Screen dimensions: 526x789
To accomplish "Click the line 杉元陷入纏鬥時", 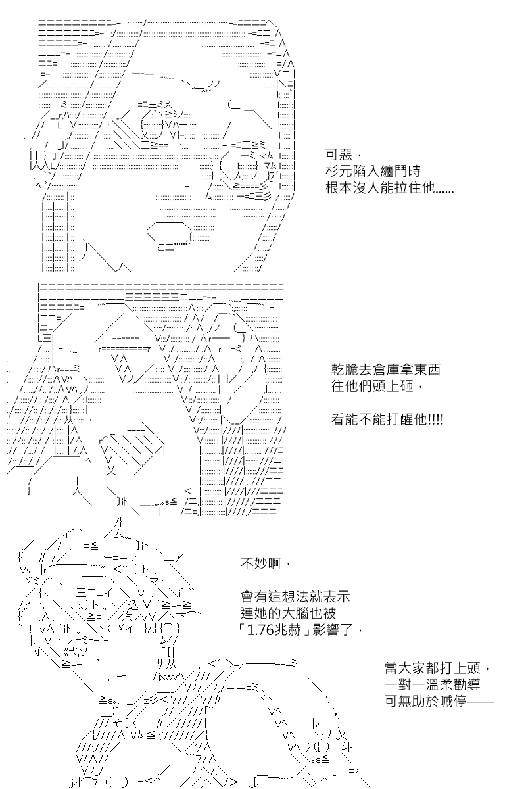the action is (x=373, y=172).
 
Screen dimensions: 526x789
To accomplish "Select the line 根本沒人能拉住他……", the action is (x=390, y=188).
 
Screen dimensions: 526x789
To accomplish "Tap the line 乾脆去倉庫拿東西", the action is (x=386, y=370).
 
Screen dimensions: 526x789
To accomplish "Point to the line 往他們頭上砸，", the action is (x=377, y=387).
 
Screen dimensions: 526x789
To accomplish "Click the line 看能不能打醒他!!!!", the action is (x=387, y=419).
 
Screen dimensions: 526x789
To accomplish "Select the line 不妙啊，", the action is (x=266, y=564).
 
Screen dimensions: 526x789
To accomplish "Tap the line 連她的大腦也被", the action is (x=289, y=613).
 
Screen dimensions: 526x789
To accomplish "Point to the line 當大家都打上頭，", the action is (x=437, y=668).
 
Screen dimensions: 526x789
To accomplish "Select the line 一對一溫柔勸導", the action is (x=432, y=684).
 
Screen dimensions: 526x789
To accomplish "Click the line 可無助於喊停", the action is (x=425, y=702).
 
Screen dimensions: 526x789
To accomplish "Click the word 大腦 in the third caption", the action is (x=295, y=613).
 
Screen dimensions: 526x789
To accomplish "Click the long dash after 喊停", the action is (x=481, y=702).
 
